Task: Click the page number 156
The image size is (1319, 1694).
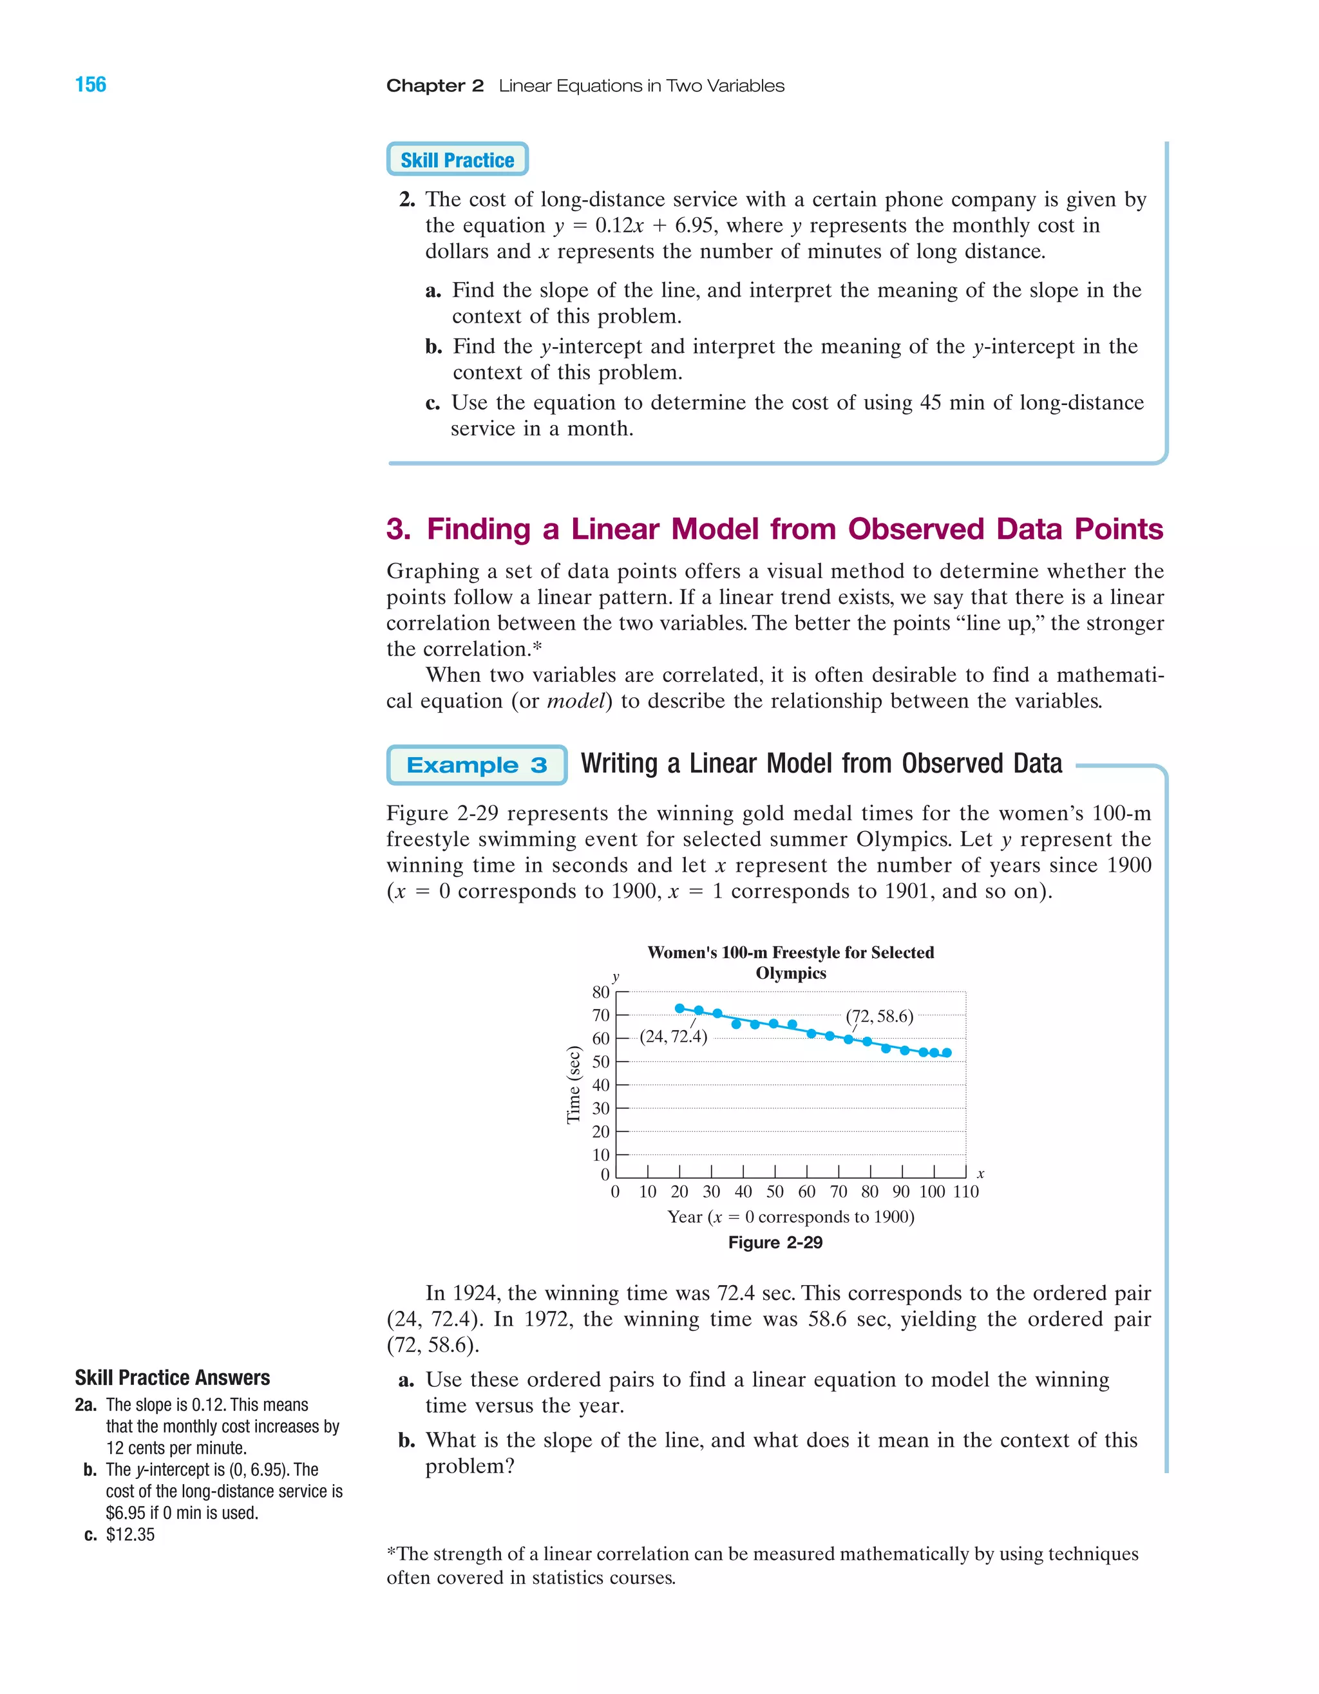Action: pos(91,84)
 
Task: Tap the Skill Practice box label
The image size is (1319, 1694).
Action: pos(457,160)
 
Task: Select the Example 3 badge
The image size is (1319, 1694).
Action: pos(477,766)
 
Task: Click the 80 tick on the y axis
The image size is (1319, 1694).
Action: pos(600,992)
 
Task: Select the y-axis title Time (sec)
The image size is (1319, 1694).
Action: pos(573,1084)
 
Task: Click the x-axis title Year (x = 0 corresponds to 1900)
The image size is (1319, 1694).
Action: pos(791,1217)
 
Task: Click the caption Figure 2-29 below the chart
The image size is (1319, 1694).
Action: pos(775,1243)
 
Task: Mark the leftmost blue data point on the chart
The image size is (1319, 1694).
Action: pos(679,1008)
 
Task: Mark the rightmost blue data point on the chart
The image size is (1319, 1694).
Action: pos(947,1053)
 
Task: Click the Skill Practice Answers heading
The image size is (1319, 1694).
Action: pos(172,1377)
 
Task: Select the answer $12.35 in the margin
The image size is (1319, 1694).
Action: pos(130,1534)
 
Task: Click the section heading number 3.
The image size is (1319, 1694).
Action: pos(399,529)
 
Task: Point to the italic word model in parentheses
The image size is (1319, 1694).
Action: pos(576,701)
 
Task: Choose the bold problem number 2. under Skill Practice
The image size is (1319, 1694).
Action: pos(407,200)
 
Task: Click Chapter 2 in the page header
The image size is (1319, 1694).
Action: pos(435,86)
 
